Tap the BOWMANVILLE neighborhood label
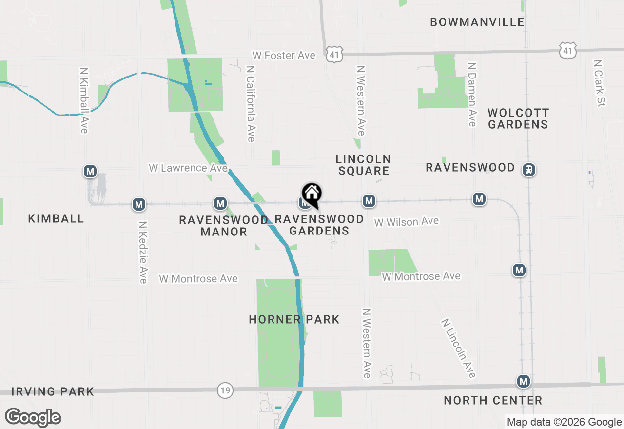[x=477, y=22]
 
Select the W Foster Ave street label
[x=284, y=56]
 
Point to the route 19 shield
[x=225, y=390]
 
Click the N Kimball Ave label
[x=83, y=100]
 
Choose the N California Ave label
[x=251, y=104]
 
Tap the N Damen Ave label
[x=471, y=94]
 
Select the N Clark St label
[x=599, y=83]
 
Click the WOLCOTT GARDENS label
[x=518, y=118]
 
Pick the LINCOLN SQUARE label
[x=363, y=164]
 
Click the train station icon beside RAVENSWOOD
[x=528, y=170]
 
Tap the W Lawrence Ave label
[x=188, y=168]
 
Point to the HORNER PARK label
[x=294, y=319]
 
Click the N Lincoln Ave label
[x=458, y=348]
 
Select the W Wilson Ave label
[x=407, y=222]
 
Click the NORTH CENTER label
[x=493, y=400]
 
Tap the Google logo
[x=33, y=417]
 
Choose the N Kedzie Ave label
[x=143, y=253]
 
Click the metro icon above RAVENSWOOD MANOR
[x=220, y=203]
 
